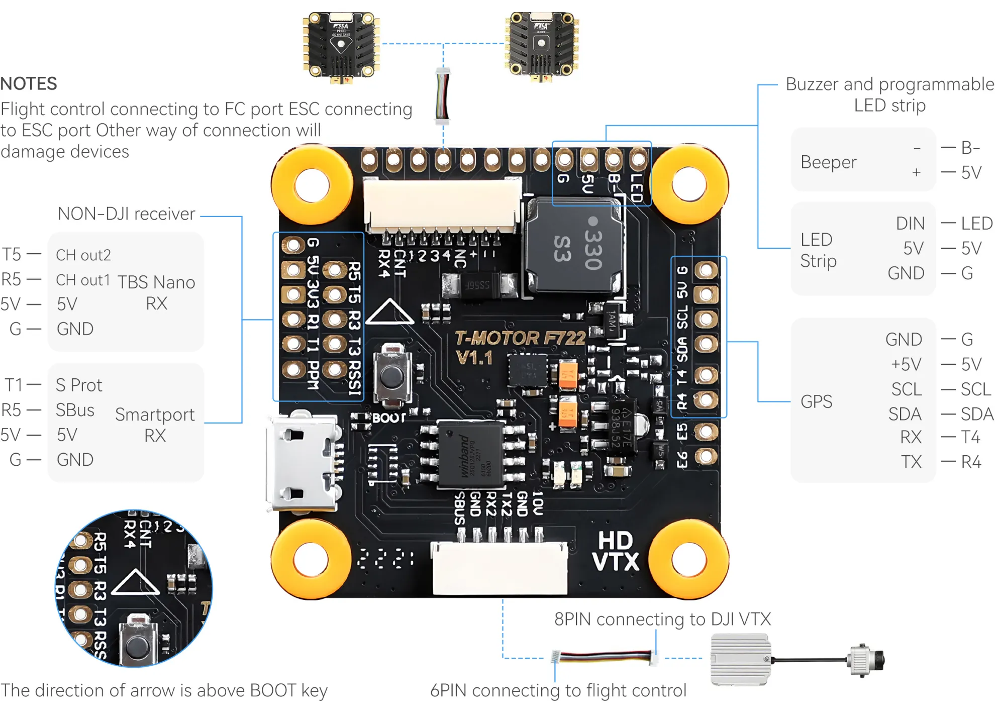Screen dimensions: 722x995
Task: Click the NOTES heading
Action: [29, 83]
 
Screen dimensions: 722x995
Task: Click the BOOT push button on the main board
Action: [392, 374]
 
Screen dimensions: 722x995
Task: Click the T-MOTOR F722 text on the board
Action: [520, 338]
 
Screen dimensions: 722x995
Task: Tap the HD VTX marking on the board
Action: [615, 551]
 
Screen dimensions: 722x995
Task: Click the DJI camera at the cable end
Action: [866, 659]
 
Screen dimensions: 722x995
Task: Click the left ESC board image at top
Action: [341, 46]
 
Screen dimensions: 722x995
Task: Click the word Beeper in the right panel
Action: [828, 162]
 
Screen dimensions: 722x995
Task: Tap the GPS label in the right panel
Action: [816, 401]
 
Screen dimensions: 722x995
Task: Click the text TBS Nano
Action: [156, 282]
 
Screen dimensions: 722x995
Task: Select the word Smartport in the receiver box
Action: [155, 415]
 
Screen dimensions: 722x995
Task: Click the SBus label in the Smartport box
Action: [75, 410]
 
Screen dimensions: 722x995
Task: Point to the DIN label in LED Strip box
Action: [910, 224]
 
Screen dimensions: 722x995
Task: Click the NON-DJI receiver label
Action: [126, 214]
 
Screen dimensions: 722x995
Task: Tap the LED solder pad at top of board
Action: [638, 160]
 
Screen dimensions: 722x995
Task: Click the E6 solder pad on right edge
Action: [706, 457]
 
